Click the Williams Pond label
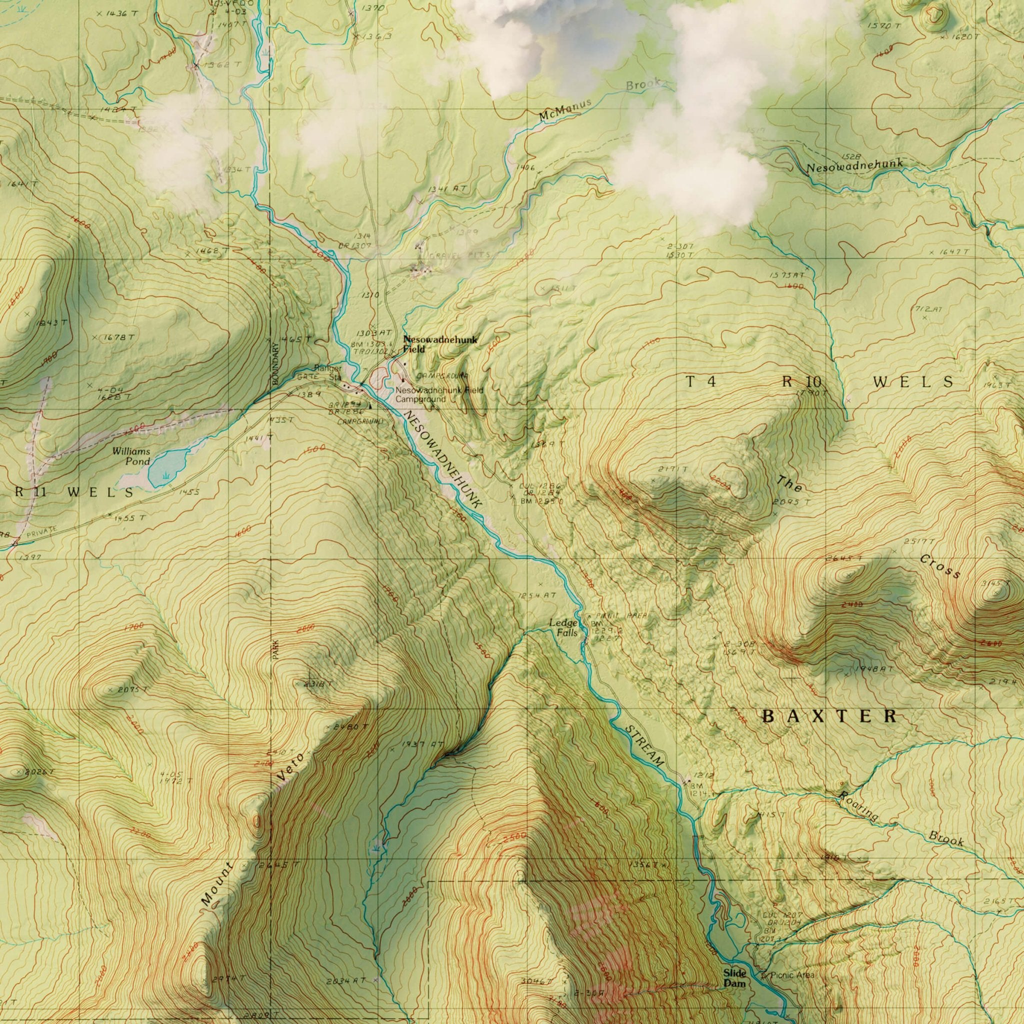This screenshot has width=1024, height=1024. [x=131, y=455]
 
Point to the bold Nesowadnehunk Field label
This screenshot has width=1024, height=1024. [x=440, y=344]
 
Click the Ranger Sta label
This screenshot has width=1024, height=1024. [x=328, y=373]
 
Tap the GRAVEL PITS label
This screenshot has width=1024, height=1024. [x=459, y=255]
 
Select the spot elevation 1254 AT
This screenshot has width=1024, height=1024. [x=538, y=595]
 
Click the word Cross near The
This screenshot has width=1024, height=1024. [x=940, y=566]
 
